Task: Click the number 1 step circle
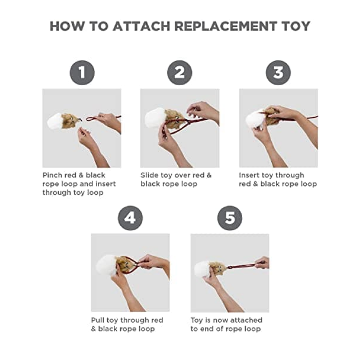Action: [x=82, y=73]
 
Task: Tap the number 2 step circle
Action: [x=180, y=73]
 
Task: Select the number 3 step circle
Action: [x=278, y=73]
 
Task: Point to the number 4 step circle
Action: [x=130, y=218]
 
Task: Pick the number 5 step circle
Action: [x=230, y=218]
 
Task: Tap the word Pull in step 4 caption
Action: [x=98, y=320]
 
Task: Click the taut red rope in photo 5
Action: [x=244, y=266]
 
